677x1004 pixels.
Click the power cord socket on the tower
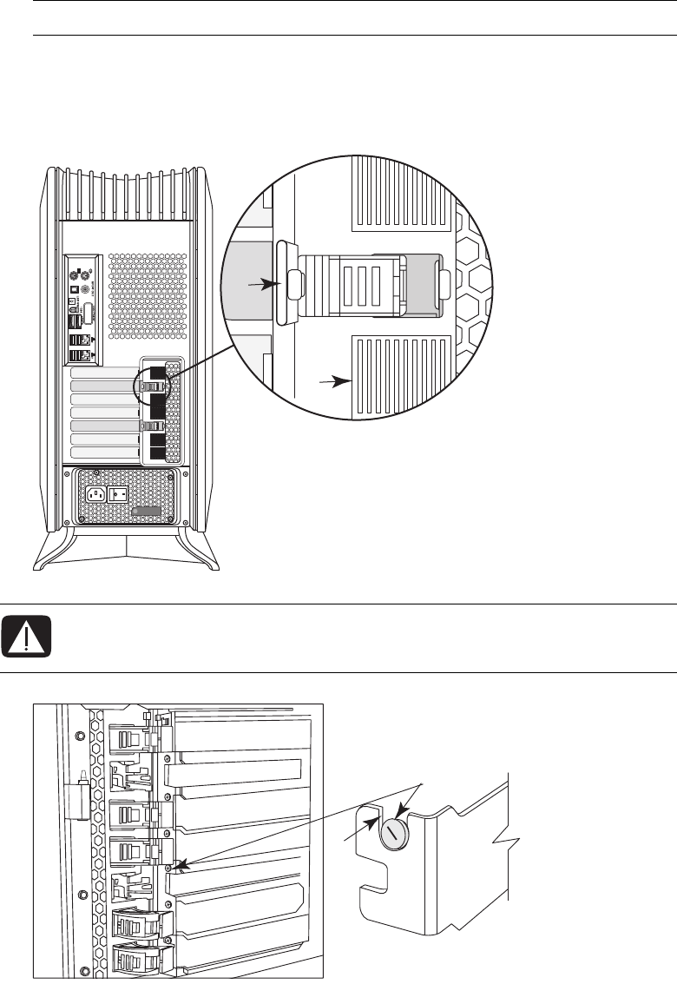[x=96, y=495]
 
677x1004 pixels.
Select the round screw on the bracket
[x=393, y=833]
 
